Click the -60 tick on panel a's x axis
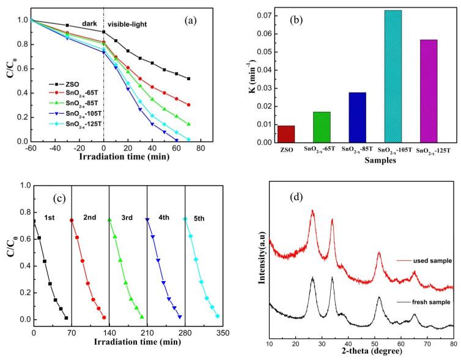[x=31, y=149]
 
